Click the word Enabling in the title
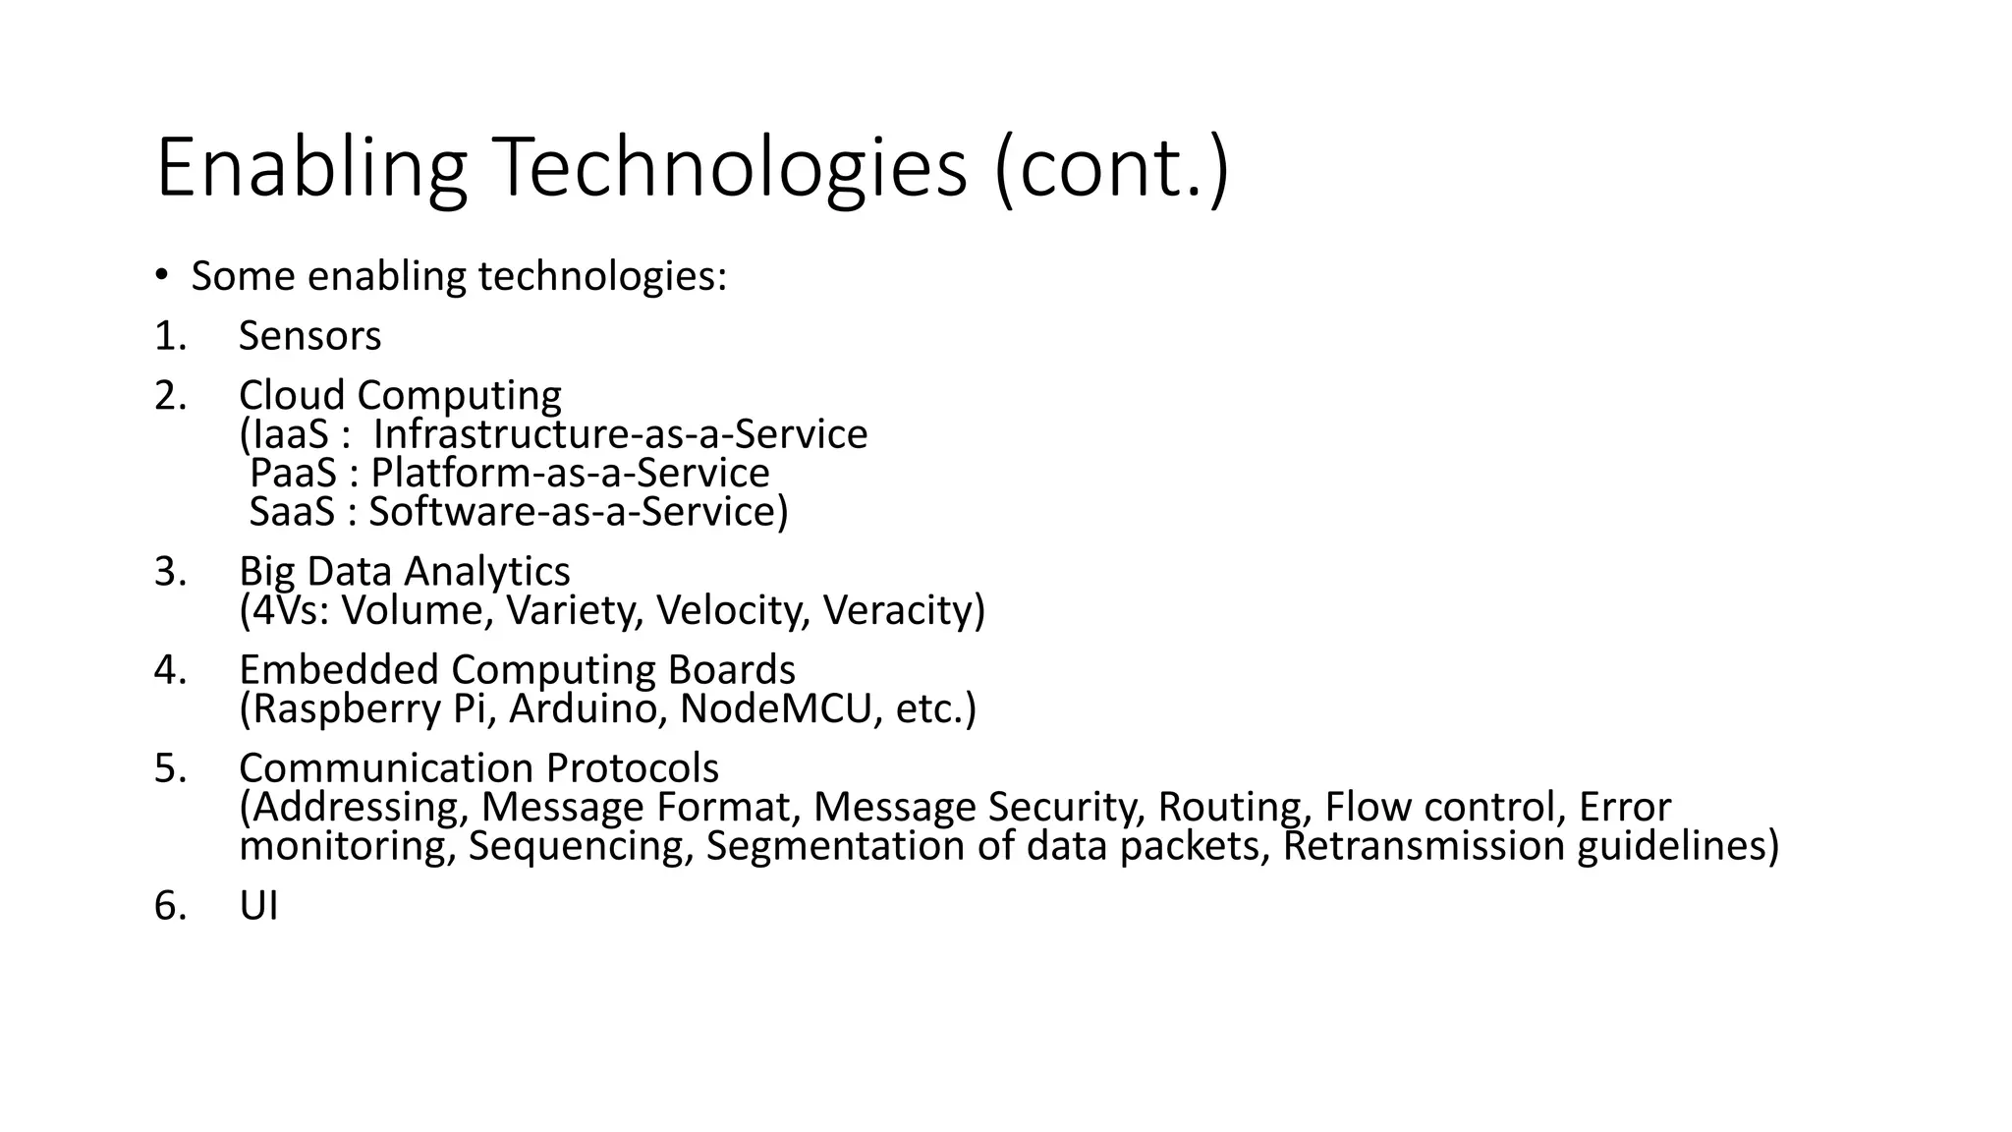click(310, 169)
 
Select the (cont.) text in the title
click(1111, 169)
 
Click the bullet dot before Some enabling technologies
click(162, 275)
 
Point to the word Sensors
click(309, 336)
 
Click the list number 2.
click(169, 395)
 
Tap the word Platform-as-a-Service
click(570, 473)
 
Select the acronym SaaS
click(292, 512)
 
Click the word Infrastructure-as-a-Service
click(620, 434)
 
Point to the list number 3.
click(169, 571)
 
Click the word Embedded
click(339, 669)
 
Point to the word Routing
click(1235, 807)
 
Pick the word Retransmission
click(1424, 846)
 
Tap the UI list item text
click(258, 905)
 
